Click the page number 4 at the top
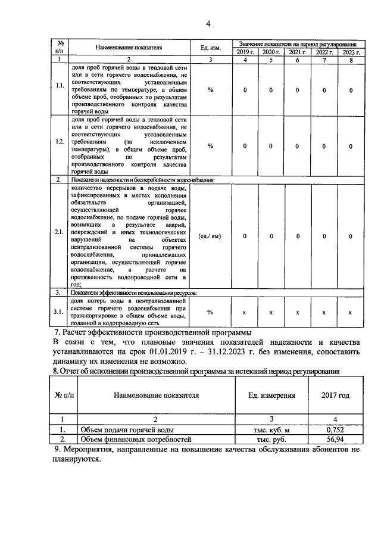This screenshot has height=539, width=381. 208,24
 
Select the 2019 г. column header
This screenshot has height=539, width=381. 243,52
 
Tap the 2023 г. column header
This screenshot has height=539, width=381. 350,52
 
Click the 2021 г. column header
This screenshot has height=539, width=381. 297,52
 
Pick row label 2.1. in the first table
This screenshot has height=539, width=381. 60,236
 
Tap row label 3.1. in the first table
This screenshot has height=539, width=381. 60,312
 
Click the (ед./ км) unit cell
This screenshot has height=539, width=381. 210,236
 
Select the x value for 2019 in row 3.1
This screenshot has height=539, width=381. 243,312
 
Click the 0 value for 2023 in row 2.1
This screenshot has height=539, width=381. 350,236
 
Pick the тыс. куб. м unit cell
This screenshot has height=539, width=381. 271,428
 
